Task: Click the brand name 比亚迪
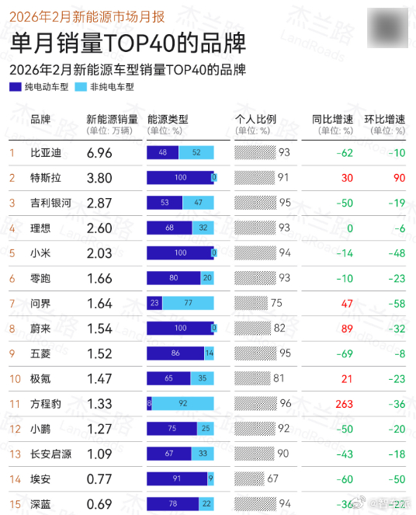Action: pyautogui.click(x=45, y=153)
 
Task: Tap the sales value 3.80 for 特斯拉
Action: pyautogui.click(x=100, y=178)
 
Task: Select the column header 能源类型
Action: pyautogui.click(x=167, y=120)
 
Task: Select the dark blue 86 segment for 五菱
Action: pyautogui.click(x=175, y=353)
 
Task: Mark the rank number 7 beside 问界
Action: pyautogui.click(x=12, y=304)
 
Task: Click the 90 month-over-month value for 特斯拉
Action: pyautogui.click(x=398, y=178)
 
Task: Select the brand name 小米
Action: pyautogui.click(x=40, y=253)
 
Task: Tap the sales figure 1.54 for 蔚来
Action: pyautogui.click(x=100, y=329)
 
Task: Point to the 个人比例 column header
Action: pyautogui.click(x=255, y=120)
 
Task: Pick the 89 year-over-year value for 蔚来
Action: pyautogui.click(x=347, y=329)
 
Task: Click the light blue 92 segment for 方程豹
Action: pyautogui.click(x=183, y=404)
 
